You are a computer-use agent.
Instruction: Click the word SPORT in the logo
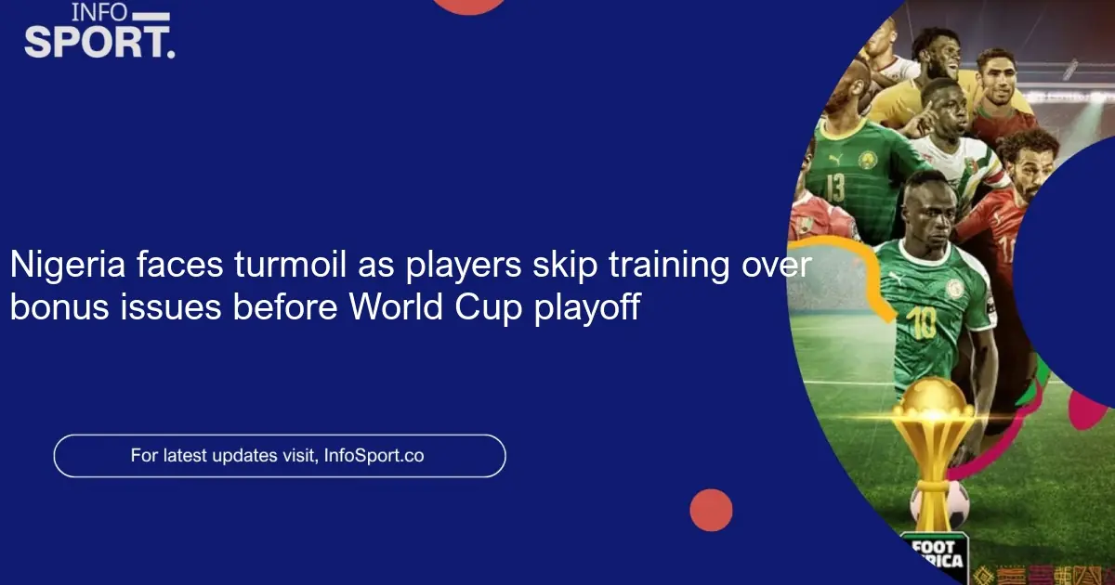(x=98, y=42)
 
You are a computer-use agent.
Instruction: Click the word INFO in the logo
(x=100, y=13)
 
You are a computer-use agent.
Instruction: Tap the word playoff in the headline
(x=587, y=307)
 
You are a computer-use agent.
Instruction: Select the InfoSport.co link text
(x=374, y=456)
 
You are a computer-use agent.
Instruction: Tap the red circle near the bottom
(x=711, y=510)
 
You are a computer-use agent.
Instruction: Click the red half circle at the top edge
(x=470, y=5)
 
